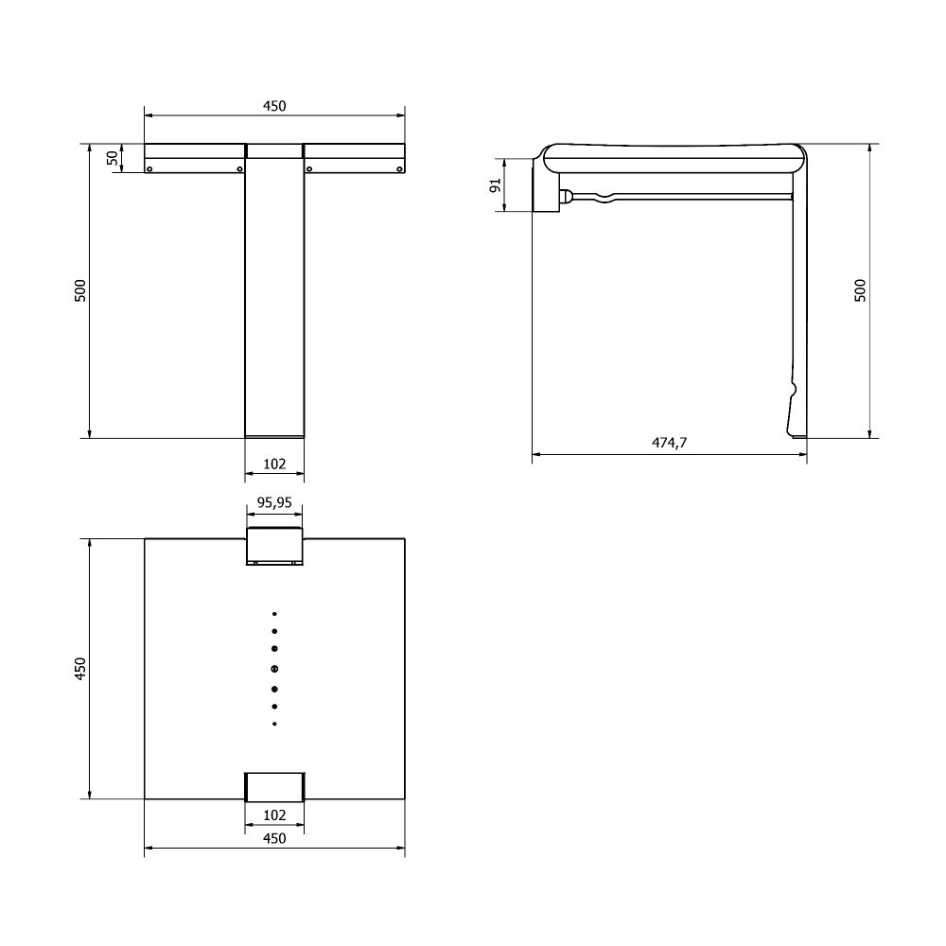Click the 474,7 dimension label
(x=669, y=442)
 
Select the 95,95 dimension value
(x=274, y=502)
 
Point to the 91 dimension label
(x=496, y=185)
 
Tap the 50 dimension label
(x=113, y=158)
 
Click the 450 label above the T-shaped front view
(x=274, y=106)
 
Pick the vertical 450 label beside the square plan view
(x=80, y=669)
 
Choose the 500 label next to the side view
(x=860, y=290)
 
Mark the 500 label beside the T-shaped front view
(x=80, y=290)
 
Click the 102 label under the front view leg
(x=274, y=464)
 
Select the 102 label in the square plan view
(x=274, y=815)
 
